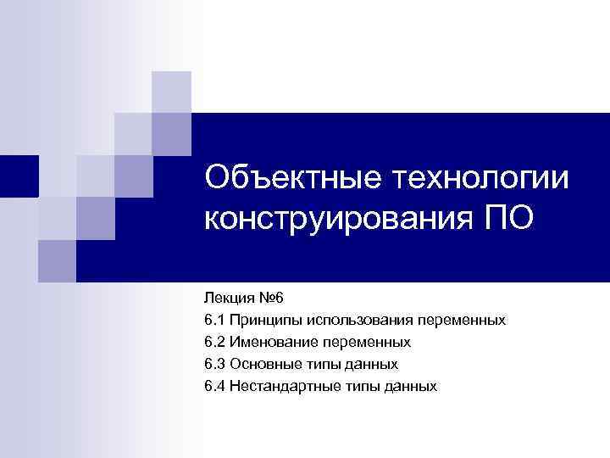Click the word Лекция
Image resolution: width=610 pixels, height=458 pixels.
point(228,298)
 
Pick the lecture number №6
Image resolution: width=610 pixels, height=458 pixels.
point(274,298)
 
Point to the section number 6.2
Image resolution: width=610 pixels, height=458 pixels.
point(214,342)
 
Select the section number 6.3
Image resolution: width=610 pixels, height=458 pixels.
point(214,364)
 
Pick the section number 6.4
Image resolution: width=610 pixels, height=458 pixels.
point(214,386)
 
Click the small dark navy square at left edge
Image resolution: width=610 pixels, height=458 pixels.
point(19,176)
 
